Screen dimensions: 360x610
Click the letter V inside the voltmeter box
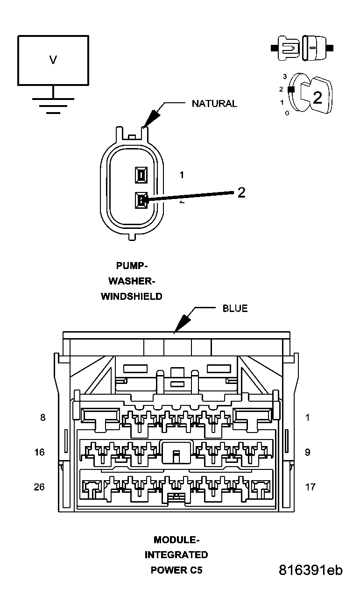(x=53, y=60)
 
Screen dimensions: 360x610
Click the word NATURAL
(x=214, y=104)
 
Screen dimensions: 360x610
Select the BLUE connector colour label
(x=235, y=308)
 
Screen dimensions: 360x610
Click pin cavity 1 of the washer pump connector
(x=141, y=175)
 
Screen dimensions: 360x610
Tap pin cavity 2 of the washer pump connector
(x=141, y=200)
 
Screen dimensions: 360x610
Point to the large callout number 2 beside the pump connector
(x=241, y=192)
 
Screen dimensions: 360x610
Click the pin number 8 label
(x=43, y=418)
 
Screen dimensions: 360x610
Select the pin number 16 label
(x=40, y=452)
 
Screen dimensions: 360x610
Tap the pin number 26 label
(x=39, y=487)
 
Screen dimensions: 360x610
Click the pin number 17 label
(x=310, y=487)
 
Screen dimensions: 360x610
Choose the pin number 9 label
(x=307, y=452)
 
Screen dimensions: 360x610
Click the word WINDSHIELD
(x=132, y=296)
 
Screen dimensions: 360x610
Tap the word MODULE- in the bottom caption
(x=176, y=540)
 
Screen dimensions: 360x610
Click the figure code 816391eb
(x=311, y=570)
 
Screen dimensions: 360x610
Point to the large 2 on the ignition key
(x=318, y=98)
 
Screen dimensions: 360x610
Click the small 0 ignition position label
(x=287, y=113)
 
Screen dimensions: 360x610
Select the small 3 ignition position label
(x=285, y=77)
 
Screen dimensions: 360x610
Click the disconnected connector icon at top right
(x=302, y=48)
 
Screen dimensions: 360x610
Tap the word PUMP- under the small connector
(x=132, y=266)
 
